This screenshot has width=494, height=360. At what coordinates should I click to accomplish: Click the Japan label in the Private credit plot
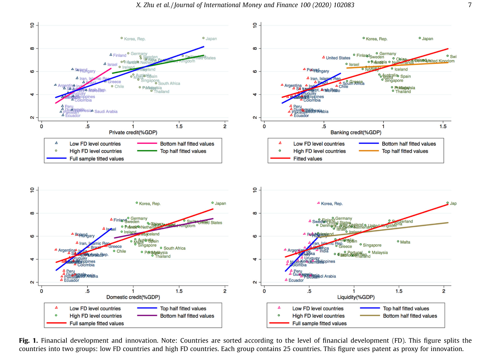[211, 39]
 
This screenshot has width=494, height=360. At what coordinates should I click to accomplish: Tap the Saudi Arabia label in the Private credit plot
[106, 111]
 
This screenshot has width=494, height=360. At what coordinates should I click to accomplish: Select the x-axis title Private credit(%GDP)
[133, 132]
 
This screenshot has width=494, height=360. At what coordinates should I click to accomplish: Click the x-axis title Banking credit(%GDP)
[356, 132]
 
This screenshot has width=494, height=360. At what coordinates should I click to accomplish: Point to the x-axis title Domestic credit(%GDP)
[133, 297]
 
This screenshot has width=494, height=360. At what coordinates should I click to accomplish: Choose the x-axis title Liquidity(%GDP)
[356, 297]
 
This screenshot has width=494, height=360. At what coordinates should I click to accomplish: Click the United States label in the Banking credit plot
[338, 58]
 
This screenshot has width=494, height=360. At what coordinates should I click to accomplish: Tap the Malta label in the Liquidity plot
[405, 242]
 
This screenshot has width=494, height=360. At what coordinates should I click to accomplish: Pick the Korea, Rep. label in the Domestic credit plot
[150, 204]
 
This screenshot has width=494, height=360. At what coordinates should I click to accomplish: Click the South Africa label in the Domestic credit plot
[175, 248]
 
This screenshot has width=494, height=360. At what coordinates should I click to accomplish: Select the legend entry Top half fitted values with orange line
[405, 151]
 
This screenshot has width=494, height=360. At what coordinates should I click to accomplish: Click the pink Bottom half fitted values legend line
[147, 144]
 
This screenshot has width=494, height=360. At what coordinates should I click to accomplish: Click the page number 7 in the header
[470, 5]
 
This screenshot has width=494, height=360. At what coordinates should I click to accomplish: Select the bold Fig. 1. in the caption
[28, 341]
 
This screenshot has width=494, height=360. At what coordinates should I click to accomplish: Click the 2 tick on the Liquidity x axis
[444, 291]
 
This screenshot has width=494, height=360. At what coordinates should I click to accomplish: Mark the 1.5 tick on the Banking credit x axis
[443, 127]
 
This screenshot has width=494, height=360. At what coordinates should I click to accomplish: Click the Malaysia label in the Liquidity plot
[380, 253]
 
